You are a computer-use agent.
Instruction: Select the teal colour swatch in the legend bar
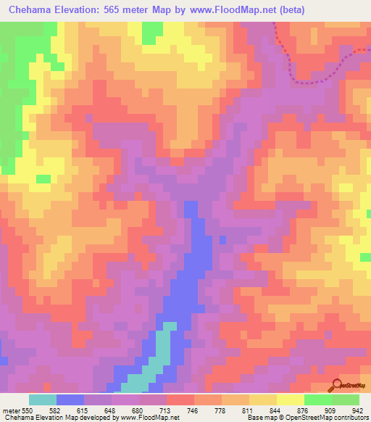click(43, 400)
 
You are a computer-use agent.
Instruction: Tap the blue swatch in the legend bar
click(70, 400)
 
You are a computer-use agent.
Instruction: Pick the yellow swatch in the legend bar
click(290, 400)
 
